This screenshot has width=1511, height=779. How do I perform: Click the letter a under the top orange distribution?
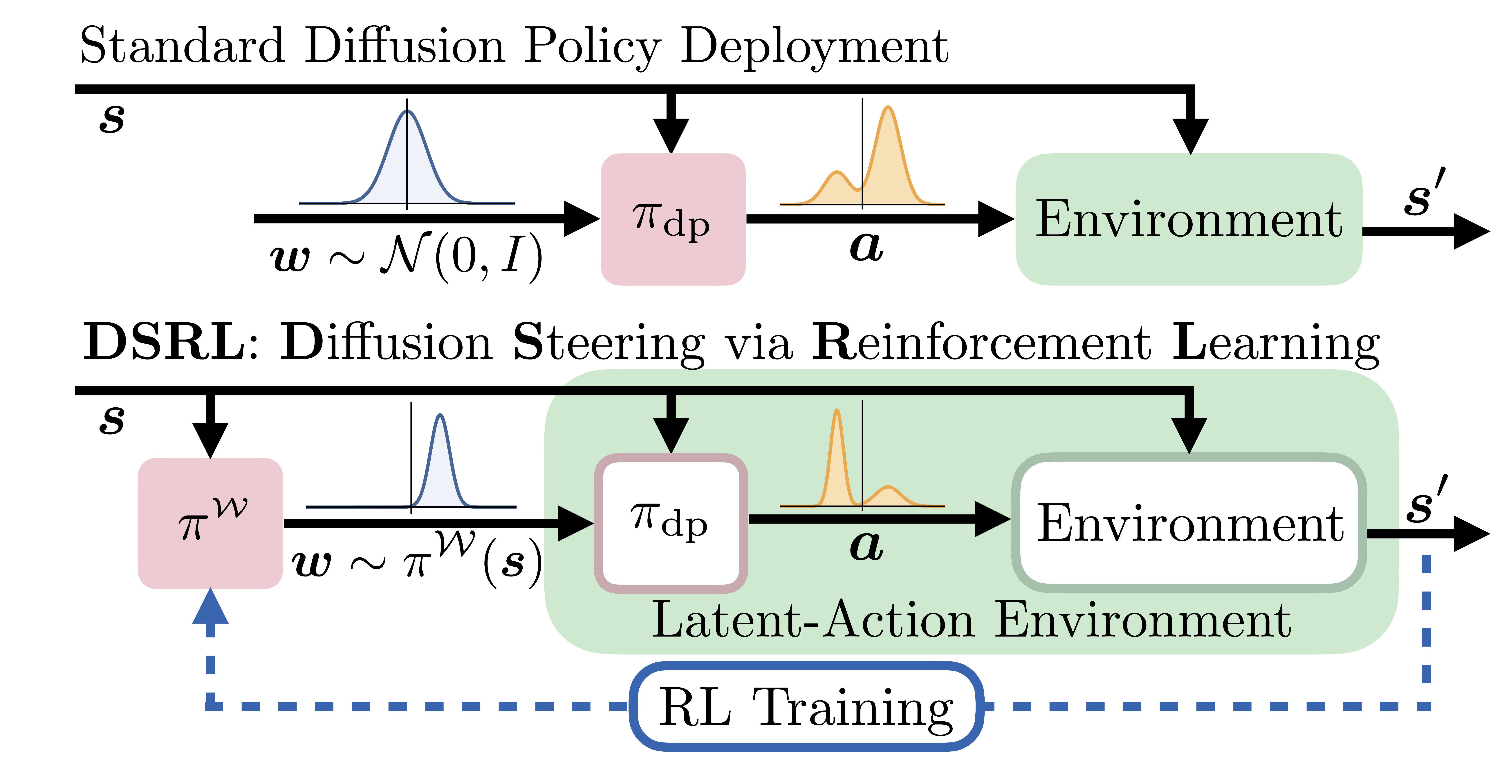866,246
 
